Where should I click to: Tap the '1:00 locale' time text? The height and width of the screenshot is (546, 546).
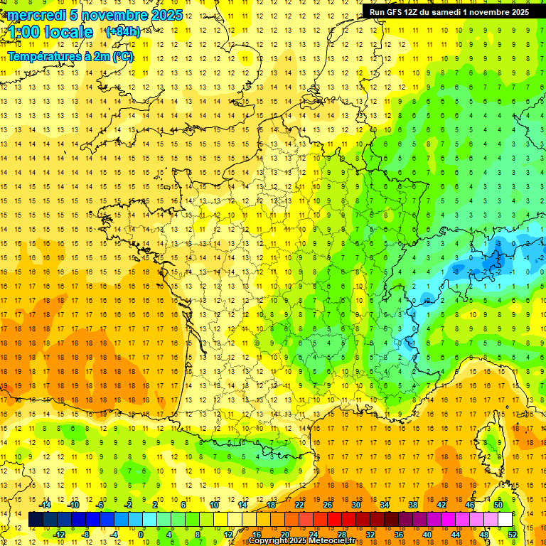pos(50,32)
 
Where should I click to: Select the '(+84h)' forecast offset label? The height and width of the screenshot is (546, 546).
pos(122,32)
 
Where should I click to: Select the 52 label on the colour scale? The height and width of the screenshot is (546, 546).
pos(513,535)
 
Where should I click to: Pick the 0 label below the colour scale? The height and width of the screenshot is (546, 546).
pos(141,535)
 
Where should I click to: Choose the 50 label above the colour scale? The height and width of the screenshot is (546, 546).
pos(498,505)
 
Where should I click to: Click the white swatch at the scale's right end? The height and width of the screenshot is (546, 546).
pos(505,520)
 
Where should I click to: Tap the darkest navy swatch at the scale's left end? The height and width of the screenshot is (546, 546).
pos(36,520)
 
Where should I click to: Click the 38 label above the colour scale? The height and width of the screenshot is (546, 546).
pos(412,505)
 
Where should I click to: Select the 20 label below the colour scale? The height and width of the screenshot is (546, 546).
pos(284,535)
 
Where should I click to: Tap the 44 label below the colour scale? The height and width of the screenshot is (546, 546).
pos(455,535)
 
